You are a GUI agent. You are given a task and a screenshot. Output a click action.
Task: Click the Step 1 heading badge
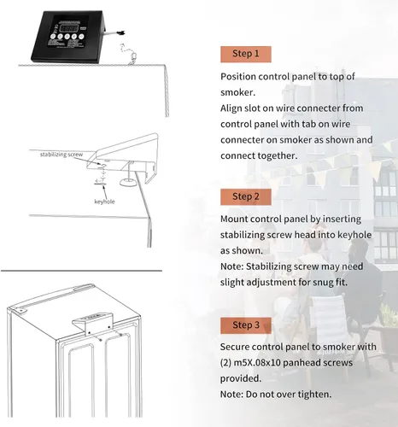point(246,54)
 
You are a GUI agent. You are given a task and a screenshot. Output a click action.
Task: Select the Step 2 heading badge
point(246,196)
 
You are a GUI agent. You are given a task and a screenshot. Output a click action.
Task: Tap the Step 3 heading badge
point(246,325)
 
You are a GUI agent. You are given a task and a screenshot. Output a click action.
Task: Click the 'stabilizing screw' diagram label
point(61,155)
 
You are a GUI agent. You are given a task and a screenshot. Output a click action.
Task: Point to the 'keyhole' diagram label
point(104,202)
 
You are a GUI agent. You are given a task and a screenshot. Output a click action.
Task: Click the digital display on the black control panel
point(70,28)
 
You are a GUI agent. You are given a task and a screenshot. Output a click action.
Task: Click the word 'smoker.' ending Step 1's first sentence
point(238,92)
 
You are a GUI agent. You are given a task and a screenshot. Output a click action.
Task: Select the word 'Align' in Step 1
point(231,108)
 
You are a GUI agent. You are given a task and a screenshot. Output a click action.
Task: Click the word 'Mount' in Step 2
point(234,219)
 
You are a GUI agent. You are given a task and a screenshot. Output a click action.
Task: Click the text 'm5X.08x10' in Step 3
point(256,363)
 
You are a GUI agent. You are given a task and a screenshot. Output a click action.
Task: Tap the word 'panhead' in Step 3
point(299,363)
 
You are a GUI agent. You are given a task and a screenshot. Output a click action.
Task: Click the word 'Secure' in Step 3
point(235,347)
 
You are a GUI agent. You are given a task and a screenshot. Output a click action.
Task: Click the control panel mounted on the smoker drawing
point(93,322)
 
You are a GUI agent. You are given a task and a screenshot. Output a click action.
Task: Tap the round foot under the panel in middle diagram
point(127,183)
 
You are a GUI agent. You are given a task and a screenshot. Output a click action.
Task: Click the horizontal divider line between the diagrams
point(81,271)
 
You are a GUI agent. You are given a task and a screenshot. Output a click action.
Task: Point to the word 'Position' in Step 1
point(238,77)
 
